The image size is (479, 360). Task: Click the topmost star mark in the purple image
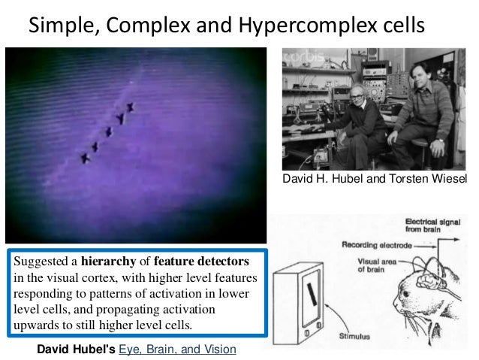click(x=130, y=107)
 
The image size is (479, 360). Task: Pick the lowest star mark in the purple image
click(x=85, y=158)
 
